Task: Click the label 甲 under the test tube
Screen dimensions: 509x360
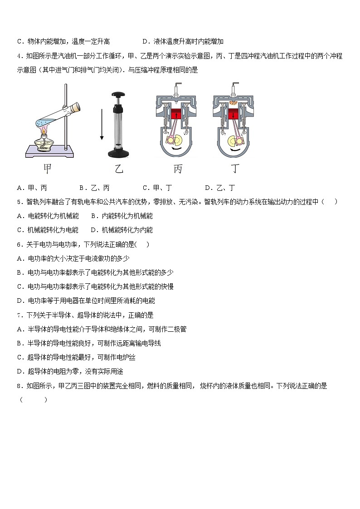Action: (x=47, y=169)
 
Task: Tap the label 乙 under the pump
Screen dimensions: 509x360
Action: (x=119, y=170)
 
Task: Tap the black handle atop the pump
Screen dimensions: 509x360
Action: (x=119, y=95)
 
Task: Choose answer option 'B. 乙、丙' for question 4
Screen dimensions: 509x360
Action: (x=94, y=188)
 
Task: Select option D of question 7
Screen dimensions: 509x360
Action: (x=70, y=372)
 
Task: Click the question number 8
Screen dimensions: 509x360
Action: (x=19, y=386)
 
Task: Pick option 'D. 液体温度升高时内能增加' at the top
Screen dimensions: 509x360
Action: (x=183, y=42)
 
